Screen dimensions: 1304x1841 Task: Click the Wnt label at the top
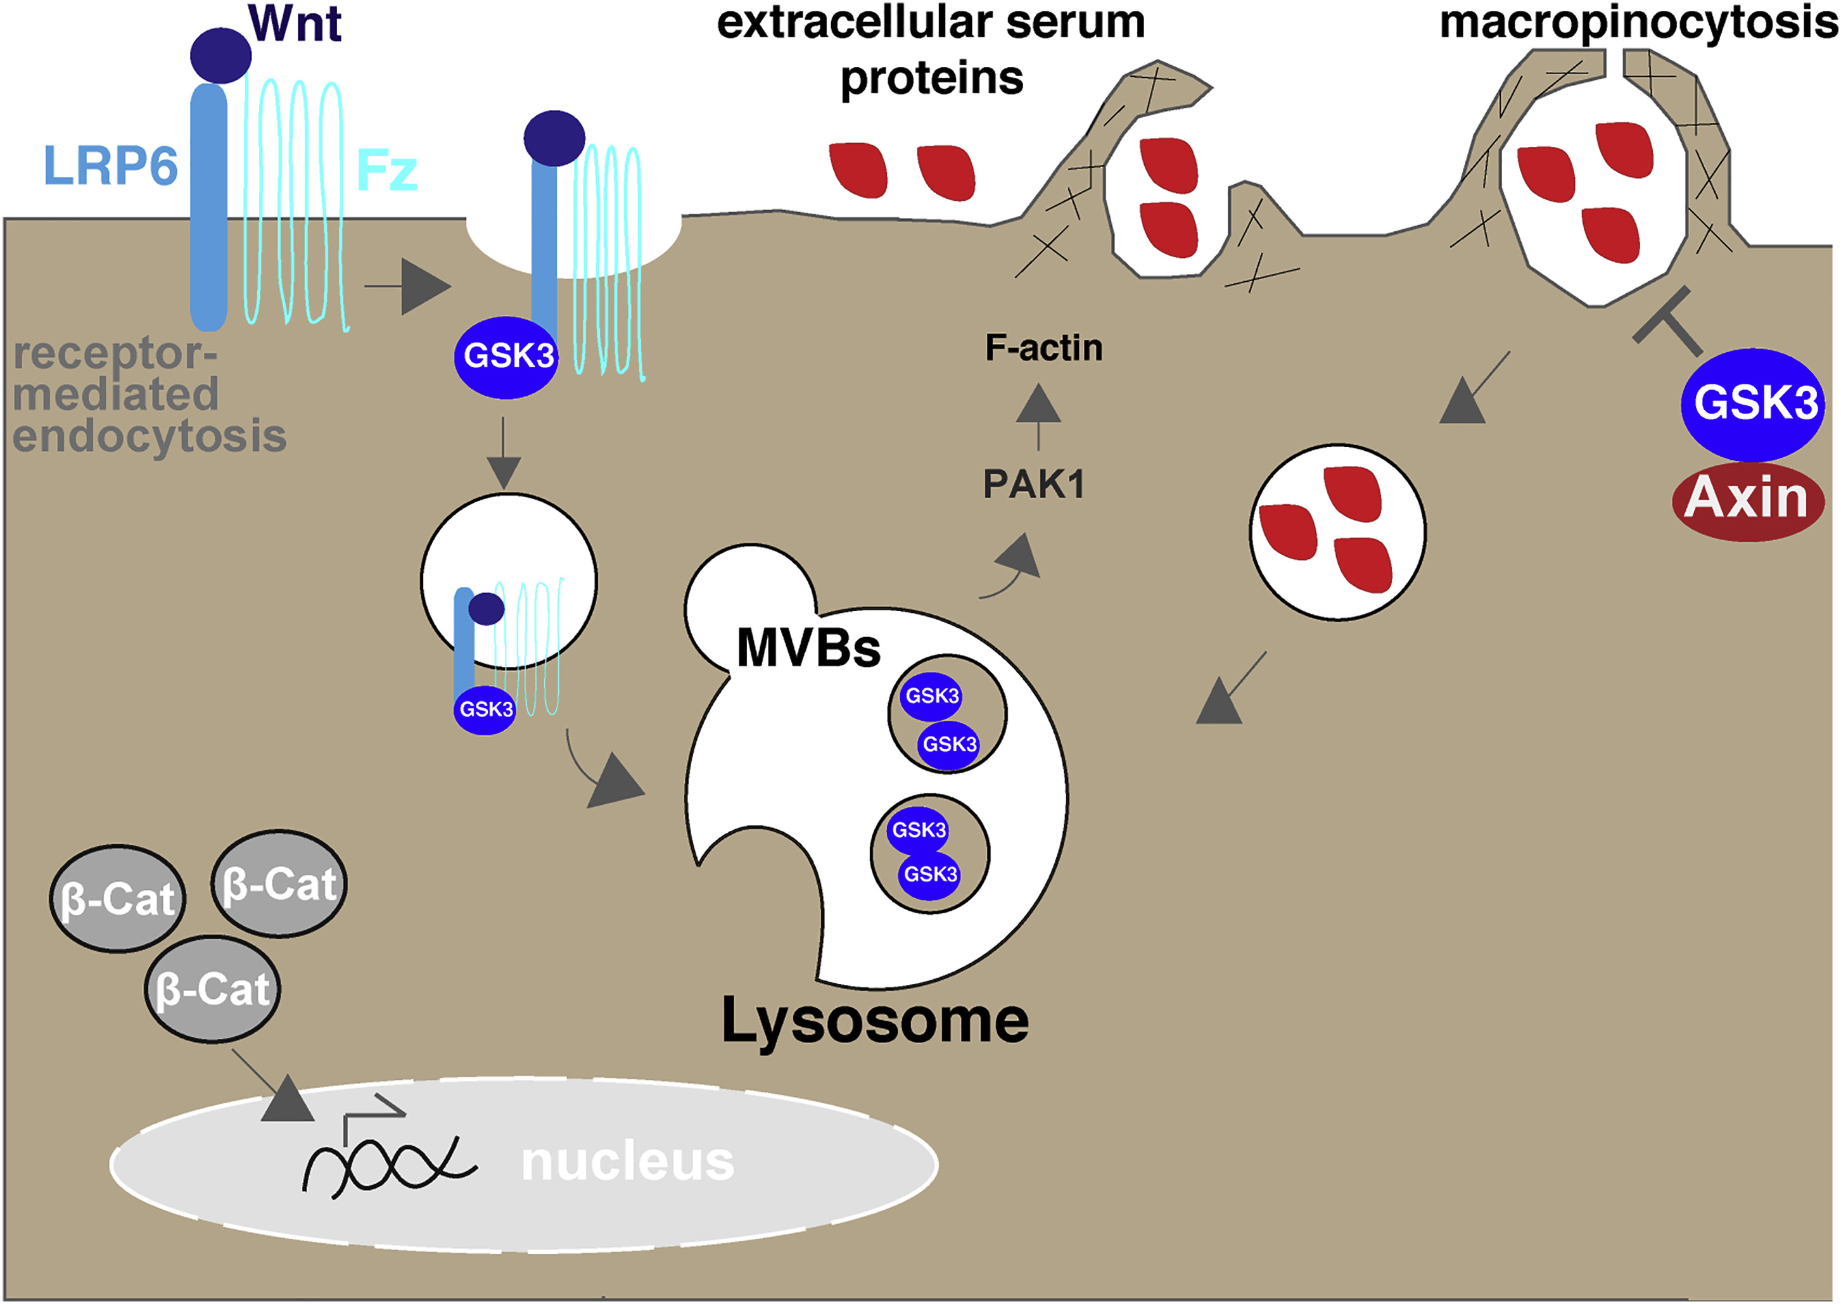pos(295,23)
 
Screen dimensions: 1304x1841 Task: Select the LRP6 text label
pos(110,166)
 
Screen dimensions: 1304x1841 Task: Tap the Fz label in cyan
pos(386,170)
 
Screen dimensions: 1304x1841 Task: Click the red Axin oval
pos(1748,500)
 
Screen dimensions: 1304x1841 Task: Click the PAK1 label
pos(1034,484)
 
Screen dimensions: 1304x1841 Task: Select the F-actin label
pos(1043,348)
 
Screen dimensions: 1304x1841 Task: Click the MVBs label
pos(808,648)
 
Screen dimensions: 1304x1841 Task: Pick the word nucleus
pos(627,1162)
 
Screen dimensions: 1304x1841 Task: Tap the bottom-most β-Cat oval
pos(212,989)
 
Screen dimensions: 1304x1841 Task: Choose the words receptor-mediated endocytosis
pos(149,395)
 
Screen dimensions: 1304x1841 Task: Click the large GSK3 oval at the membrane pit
pos(506,357)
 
